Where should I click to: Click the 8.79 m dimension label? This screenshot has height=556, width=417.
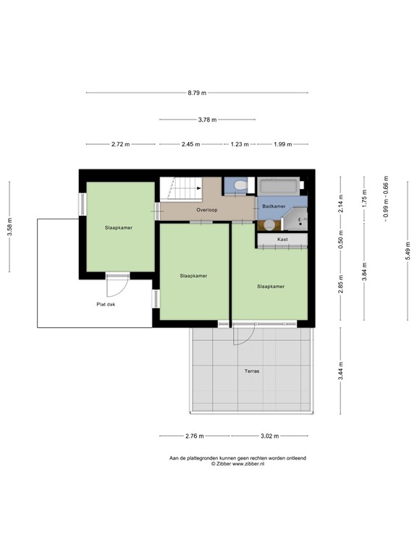(197, 93)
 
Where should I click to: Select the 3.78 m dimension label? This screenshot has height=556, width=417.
(207, 120)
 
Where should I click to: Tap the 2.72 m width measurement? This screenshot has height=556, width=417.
(120, 144)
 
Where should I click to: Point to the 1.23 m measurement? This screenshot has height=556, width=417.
(240, 144)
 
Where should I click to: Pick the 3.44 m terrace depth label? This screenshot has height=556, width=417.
(341, 370)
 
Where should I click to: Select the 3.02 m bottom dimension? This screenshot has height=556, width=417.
(269, 436)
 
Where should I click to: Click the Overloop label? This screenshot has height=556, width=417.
(206, 210)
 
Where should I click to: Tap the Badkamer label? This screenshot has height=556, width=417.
(272, 206)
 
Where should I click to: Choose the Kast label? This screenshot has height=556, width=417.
(282, 238)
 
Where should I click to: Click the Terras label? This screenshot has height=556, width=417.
(251, 371)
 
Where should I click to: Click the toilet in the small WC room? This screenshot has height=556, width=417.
(240, 187)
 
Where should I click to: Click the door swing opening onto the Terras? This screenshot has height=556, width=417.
(243, 335)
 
